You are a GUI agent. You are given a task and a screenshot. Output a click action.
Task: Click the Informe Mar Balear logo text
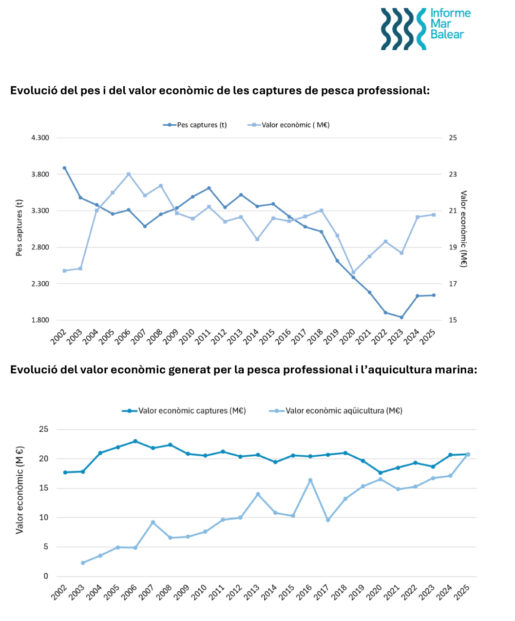coord(450,24)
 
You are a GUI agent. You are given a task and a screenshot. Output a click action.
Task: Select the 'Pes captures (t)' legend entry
coord(195,125)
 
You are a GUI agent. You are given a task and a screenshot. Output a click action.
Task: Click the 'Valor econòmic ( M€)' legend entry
coord(288,125)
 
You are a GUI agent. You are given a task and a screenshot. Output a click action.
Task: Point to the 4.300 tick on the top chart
coord(40,138)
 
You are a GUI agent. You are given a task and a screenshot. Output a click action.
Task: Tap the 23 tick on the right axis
coord(453,175)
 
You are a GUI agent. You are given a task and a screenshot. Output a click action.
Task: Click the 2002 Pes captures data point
coord(64,168)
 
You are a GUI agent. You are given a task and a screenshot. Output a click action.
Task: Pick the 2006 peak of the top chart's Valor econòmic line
coord(129,175)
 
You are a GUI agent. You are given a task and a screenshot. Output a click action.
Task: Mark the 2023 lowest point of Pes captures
coord(401,317)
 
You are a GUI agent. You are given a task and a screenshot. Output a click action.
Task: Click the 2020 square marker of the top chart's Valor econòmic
coord(353,272)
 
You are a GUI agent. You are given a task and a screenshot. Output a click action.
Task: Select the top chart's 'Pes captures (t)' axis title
coord(19,228)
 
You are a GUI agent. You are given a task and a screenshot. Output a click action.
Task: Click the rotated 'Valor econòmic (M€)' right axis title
coord(463,229)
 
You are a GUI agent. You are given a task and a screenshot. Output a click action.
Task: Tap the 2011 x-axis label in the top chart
coord(203,337)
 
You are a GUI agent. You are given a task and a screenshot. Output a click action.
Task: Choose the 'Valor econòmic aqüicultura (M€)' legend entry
coord(336,411)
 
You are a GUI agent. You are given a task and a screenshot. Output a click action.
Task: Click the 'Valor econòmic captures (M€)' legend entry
coord(184,411)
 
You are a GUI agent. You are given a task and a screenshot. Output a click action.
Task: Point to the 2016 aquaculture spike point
coord(310,480)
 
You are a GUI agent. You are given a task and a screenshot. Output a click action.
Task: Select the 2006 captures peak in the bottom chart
coord(135,441)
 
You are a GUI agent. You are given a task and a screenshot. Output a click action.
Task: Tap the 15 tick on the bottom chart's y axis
coord(43,488)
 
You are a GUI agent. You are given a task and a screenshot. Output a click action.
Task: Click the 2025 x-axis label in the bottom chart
coord(462,592)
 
